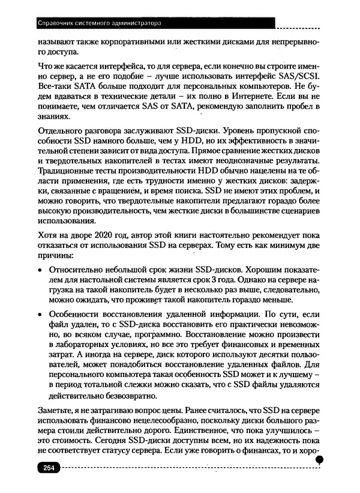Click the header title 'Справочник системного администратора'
coord(100,25)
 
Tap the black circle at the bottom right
coord(320,460)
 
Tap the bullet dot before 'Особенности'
coord(40,314)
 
